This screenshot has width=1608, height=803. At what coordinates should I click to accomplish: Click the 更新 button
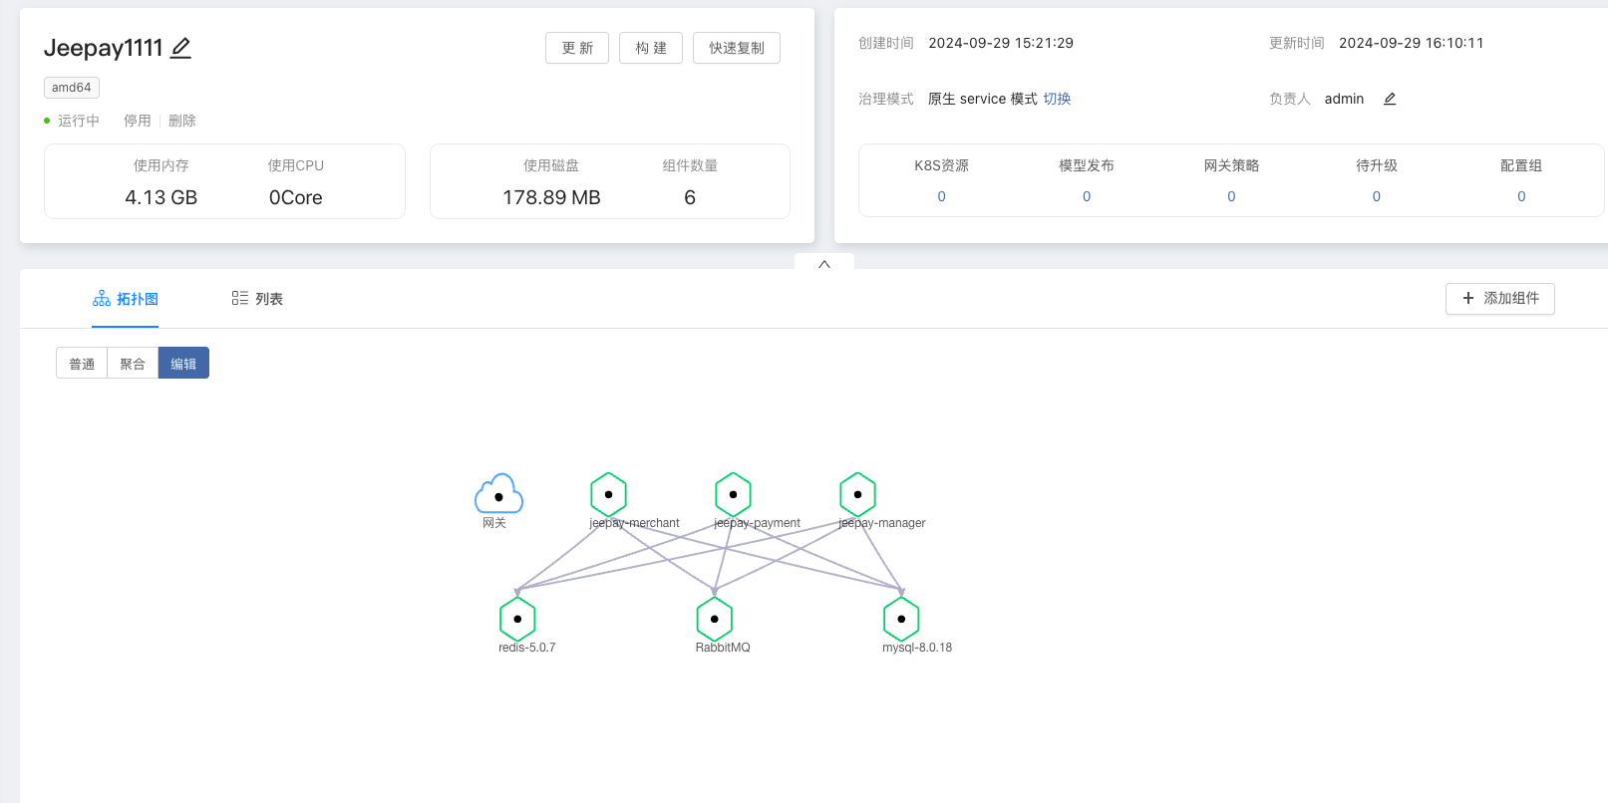tap(576, 48)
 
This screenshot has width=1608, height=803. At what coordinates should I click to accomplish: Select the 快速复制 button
tap(736, 48)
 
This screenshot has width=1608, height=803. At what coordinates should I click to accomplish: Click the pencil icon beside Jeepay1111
tap(180, 48)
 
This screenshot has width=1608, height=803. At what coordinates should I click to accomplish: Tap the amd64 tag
tap(71, 88)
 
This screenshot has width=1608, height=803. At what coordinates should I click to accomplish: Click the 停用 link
tap(137, 121)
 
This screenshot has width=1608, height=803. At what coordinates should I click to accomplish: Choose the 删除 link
tap(182, 121)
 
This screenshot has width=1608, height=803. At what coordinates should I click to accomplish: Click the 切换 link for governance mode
tap(1057, 99)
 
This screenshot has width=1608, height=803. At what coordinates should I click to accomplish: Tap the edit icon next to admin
tap(1390, 99)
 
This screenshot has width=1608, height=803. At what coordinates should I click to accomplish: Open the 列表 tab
tap(257, 299)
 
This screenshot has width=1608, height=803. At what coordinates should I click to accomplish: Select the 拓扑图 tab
tap(126, 299)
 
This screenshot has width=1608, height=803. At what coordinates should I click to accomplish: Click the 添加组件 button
tap(1499, 298)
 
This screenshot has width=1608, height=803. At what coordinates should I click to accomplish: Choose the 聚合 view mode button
tap(133, 364)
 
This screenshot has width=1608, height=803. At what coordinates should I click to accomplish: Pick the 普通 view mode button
tap(82, 364)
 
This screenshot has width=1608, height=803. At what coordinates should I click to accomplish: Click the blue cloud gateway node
tap(498, 494)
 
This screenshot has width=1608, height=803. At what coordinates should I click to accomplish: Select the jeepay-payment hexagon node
tap(733, 494)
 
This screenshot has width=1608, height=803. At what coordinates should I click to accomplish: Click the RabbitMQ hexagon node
tap(714, 619)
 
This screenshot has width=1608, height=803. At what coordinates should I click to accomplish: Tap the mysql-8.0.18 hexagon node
tap(901, 619)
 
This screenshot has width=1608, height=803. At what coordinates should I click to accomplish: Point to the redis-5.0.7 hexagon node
tap(517, 619)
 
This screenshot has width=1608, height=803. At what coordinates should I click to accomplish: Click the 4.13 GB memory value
tap(161, 197)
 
